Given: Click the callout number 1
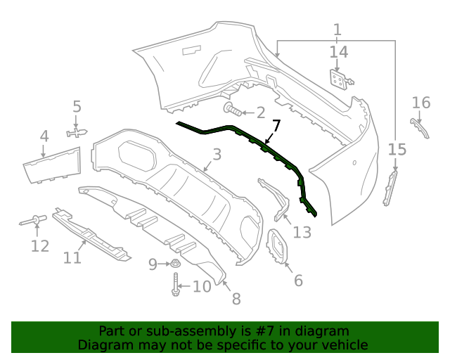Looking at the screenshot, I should tap(337, 30).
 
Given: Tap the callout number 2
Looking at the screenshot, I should tap(260, 112).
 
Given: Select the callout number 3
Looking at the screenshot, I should tap(217, 155).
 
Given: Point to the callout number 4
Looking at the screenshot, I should tap(44, 136).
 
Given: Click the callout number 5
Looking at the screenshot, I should tap(77, 108).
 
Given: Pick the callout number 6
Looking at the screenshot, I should tap(298, 281).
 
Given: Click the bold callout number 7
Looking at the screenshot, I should tap(276, 127).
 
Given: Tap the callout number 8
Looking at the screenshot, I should tap(236, 299).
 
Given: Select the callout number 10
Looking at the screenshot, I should tap(202, 287).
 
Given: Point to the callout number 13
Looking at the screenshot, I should tap(302, 232).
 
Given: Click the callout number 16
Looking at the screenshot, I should tap(420, 103).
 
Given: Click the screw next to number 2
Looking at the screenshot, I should tap(233, 110).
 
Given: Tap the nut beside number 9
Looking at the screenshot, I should tap(175, 264).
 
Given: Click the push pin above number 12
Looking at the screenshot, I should tap(33, 221).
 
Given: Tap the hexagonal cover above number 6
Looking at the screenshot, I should tap(280, 249).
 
